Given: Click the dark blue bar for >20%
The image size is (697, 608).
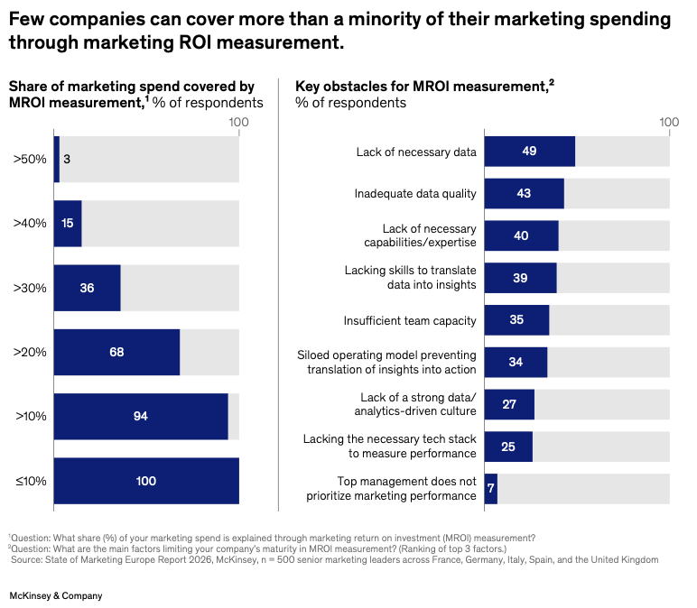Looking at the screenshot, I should (x=116, y=352).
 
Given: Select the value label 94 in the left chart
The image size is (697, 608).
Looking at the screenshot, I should (x=139, y=416).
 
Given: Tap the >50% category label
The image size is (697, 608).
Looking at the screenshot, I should (x=30, y=160).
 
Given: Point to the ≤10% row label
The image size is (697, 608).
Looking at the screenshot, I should (x=30, y=481).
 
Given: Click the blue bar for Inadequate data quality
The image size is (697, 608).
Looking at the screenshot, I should (x=524, y=193).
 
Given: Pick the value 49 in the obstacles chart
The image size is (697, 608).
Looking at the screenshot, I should (x=529, y=152).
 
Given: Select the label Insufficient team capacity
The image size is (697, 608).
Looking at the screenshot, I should (x=410, y=320).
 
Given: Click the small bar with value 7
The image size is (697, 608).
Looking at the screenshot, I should (x=491, y=488).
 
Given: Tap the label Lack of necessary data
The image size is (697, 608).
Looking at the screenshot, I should (x=416, y=152).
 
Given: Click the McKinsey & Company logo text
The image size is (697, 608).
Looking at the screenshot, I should (x=55, y=595).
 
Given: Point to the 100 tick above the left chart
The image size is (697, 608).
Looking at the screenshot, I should (x=238, y=121).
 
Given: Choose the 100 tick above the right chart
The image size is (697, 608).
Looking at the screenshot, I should (x=669, y=121).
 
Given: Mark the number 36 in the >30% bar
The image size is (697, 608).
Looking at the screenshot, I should (x=87, y=288).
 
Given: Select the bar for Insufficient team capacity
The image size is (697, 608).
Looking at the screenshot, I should (x=516, y=320).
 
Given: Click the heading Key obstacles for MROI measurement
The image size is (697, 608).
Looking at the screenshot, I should (x=421, y=87).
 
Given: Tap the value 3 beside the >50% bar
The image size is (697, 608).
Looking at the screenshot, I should (x=67, y=160).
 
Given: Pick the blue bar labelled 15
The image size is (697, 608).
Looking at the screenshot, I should (x=68, y=224).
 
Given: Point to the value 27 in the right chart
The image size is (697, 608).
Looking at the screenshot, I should (x=509, y=404).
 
